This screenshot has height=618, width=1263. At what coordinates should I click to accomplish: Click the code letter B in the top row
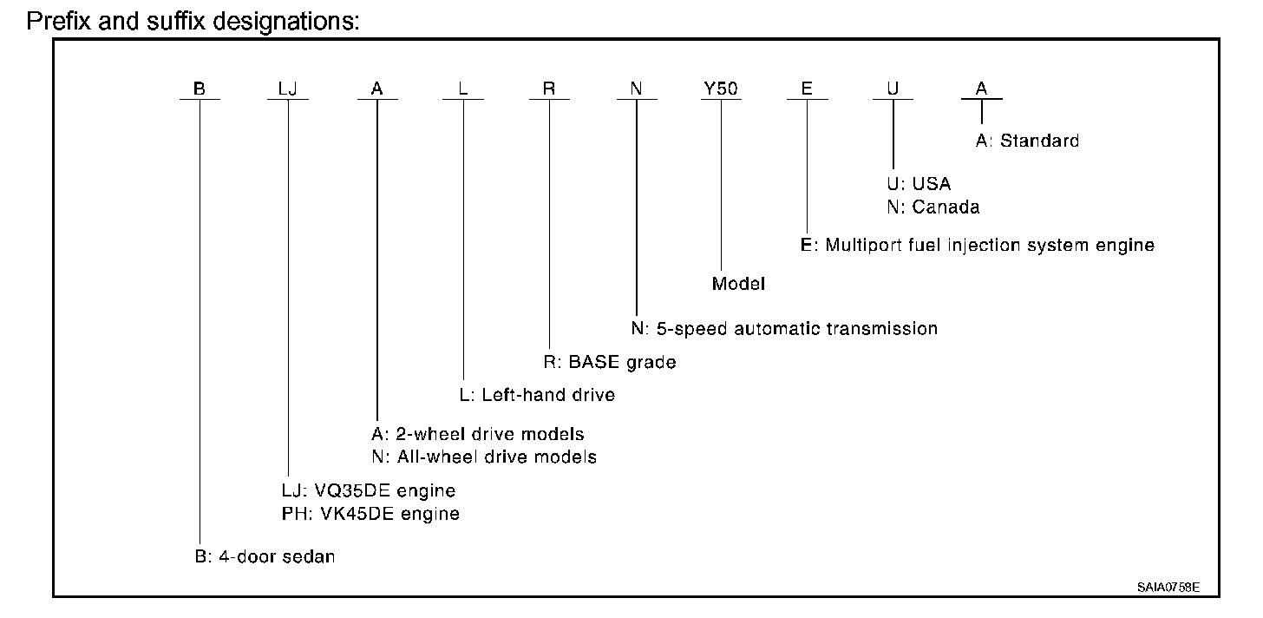click(x=200, y=89)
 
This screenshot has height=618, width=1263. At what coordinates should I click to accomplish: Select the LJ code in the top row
click(x=288, y=89)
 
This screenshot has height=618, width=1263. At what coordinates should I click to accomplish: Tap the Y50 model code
click(x=721, y=89)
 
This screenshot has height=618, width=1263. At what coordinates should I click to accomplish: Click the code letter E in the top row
click(x=807, y=89)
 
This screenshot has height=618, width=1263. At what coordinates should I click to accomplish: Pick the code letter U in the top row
click(x=893, y=89)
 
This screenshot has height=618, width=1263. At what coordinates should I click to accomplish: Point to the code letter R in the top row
click(x=548, y=89)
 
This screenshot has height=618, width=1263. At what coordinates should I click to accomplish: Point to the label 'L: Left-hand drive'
click(x=537, y=395)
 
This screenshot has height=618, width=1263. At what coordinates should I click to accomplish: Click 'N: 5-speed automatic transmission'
click(x=784, y=329)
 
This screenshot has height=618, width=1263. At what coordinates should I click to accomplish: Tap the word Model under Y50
click(x=738, y=284)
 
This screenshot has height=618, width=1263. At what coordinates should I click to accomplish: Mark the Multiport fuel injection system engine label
click(x=978, y=245)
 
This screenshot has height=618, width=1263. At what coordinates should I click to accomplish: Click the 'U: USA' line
click(x=919, y=184)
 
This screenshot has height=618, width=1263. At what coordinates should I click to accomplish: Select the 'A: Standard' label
click(x=1027, y=141)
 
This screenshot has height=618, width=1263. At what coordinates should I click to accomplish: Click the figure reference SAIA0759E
click(x=1168, y=588)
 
